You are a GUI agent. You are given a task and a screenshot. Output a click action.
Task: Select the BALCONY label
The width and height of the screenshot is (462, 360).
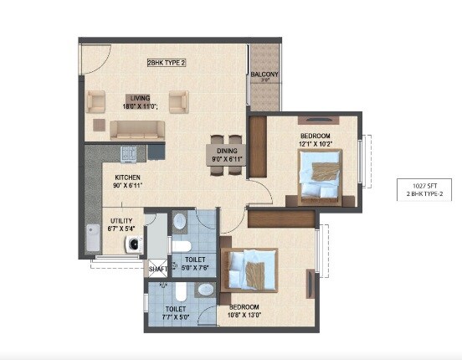264,75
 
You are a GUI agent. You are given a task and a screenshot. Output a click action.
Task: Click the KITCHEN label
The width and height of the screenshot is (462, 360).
127,177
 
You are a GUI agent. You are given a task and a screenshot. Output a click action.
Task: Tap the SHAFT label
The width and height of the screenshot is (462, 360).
157,270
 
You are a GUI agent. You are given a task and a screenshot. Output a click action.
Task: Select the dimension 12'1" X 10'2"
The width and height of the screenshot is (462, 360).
316,144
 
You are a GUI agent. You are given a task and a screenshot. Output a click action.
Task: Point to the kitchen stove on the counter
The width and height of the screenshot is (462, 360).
129,152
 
